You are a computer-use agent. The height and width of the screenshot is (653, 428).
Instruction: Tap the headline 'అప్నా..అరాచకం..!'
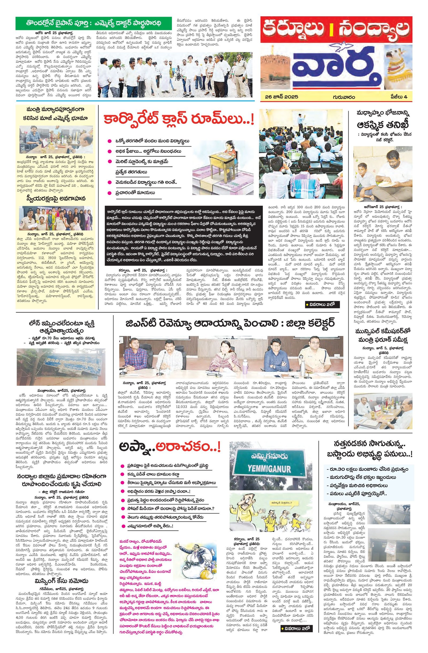pyautogui.click(x=169, y=448)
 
